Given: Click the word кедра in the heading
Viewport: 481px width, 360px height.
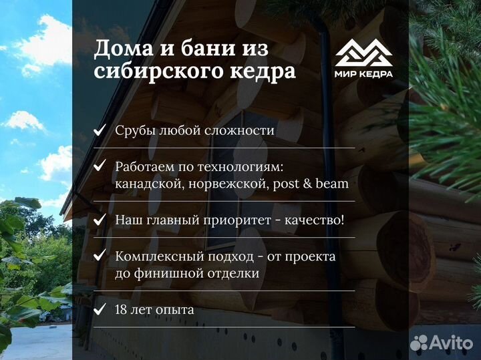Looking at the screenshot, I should click(x=261, y=71).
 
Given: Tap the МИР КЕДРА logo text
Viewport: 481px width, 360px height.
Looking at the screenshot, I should click(x=364, y=73).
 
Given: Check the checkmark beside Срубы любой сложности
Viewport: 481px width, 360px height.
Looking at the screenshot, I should click(x=100, y=130).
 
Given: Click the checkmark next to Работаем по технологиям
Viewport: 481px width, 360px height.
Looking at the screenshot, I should click(x=100, y=165).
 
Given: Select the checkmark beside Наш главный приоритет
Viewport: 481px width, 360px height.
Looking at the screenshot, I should click(x=100, y=219).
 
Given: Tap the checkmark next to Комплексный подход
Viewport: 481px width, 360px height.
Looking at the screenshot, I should click(x=100, y=255).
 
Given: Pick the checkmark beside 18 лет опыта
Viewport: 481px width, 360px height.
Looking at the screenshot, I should click(x=100, y=309).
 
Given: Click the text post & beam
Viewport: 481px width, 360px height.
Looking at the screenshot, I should click(x=311, y=184).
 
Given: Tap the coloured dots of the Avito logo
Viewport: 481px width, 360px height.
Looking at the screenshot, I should click(x=419, y=342).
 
